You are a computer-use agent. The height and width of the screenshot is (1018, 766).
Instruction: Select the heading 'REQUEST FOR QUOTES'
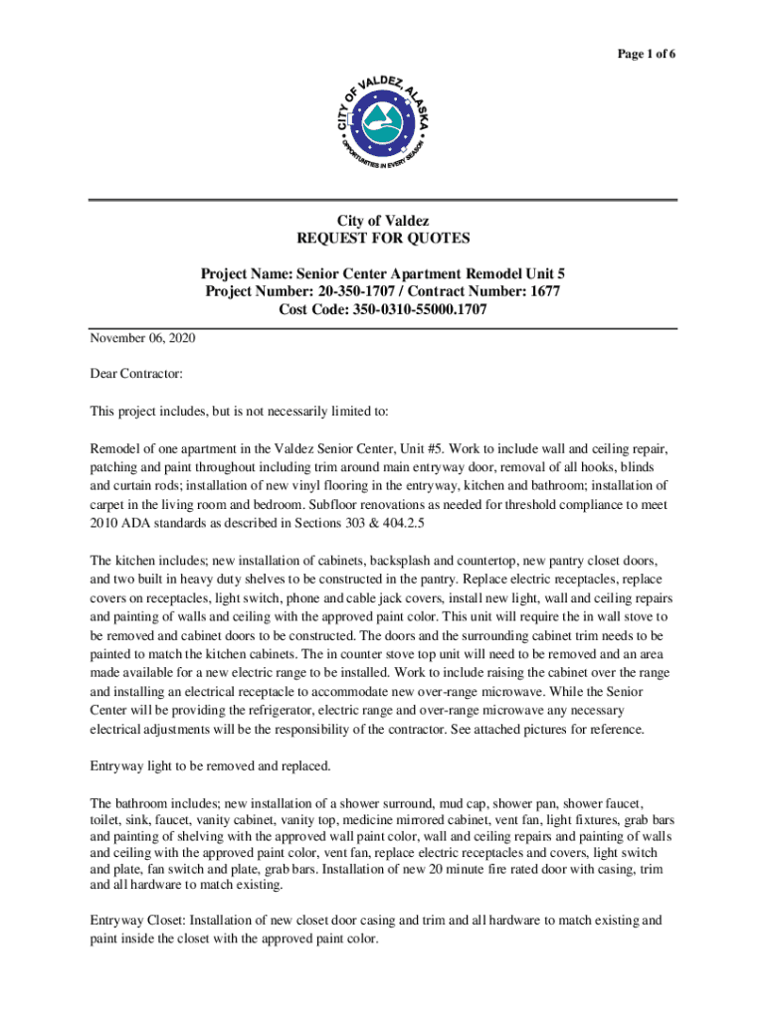tap(383, 239)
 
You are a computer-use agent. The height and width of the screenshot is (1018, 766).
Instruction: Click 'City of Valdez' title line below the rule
tap(383, 220)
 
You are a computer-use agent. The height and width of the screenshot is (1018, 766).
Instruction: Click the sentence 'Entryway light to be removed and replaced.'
tap(210, 766)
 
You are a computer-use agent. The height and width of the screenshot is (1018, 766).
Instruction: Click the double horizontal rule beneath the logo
tap(383, 201)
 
